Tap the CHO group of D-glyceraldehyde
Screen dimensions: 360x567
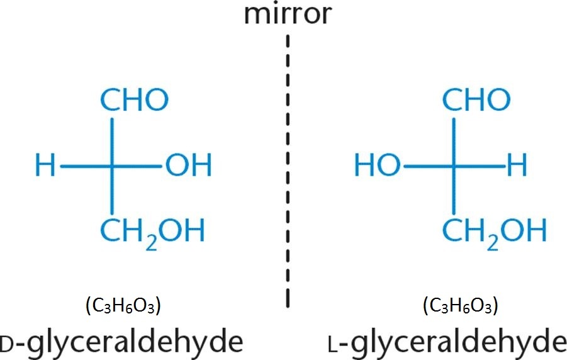134,99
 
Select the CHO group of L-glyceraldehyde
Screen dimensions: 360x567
476,99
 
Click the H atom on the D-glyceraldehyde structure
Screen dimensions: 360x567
45,167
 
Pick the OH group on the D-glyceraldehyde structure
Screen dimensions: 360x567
189,167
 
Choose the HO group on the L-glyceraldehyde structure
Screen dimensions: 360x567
377,167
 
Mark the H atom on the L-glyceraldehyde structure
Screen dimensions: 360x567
517,167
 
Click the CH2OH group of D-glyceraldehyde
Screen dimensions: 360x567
153,231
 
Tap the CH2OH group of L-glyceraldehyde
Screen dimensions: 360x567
494,231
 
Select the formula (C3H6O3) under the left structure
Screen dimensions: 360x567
123,307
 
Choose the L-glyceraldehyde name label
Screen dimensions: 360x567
447,342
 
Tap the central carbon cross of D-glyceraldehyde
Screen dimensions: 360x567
113,167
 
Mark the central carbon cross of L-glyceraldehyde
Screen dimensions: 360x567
452,167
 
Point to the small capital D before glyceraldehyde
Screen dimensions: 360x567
6,346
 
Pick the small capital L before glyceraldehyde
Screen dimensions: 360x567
333,346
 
